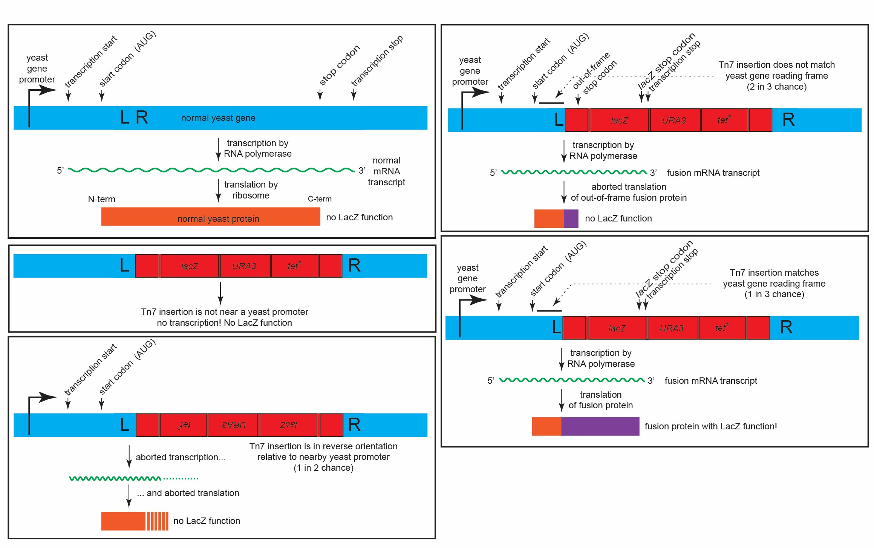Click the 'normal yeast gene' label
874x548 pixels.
click(218, 118)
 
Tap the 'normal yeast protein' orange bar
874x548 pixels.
click(211, 217)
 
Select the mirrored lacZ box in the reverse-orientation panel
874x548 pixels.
click(288, 425)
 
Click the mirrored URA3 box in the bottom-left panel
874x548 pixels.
click(233, 425)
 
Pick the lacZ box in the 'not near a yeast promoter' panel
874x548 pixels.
click(190, 266)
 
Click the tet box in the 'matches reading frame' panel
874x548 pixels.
click(722, 328)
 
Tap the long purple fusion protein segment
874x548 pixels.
click(600, 426)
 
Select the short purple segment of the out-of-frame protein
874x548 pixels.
click(571, 219)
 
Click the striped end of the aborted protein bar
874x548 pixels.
click(157, 521)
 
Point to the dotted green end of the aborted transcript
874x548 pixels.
click(181, 479)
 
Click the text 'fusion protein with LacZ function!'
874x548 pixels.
click(711, 426)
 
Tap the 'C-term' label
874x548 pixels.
click(320, 199)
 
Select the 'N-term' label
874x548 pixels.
click(102, 199)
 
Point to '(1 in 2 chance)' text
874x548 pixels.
click(323, 468)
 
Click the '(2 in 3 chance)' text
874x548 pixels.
click(777, 87)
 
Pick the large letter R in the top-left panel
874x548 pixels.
click(142, 118)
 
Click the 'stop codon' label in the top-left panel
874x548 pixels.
click(340, 66)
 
